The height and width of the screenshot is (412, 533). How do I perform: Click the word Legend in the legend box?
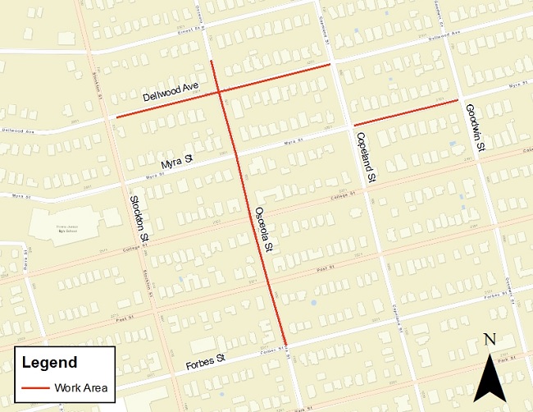49,363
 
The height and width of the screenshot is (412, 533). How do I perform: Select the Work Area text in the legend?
81,387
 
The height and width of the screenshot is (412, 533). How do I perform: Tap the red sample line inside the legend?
35,387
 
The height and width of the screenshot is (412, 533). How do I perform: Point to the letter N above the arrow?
490,340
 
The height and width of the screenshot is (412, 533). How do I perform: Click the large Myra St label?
176,161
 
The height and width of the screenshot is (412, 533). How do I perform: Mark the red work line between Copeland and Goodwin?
406,112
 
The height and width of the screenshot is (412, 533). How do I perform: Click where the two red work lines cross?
219,93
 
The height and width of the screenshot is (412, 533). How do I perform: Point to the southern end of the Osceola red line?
286,346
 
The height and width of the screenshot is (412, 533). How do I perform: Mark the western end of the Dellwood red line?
116,117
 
